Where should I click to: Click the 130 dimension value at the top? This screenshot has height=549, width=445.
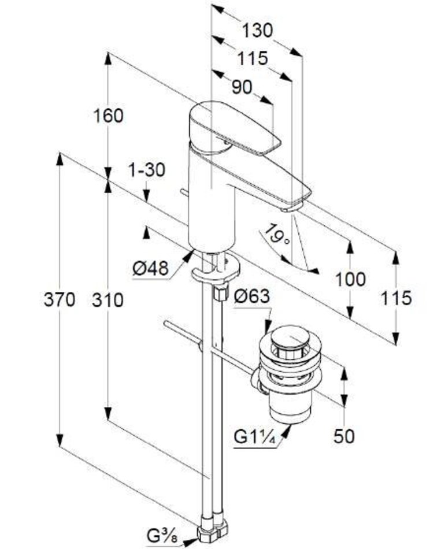(x=257, y=31)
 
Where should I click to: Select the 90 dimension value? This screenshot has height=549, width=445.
(x=242, y=87)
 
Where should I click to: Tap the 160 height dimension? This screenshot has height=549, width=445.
(x=109, y=116)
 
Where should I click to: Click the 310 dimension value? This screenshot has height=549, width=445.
(x=109, y=300)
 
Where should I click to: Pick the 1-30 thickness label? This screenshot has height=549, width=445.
(x=147, y=170)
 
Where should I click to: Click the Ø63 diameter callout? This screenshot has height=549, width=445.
(x=252, y=296)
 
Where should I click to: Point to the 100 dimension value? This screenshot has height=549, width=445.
(x=350, y=280)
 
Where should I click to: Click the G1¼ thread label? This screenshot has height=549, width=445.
(x=255, y=436)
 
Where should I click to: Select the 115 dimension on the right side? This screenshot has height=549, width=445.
(x=396, y=298)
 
